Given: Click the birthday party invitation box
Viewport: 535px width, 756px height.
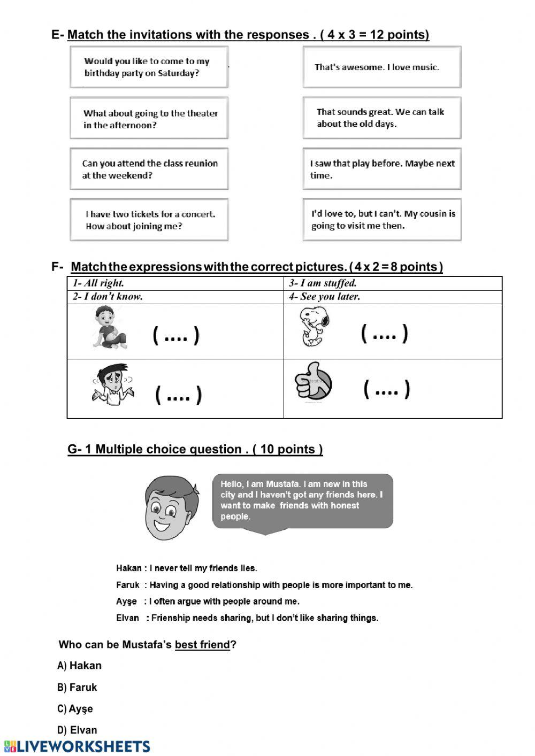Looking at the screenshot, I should pyautogui.click(x=149, y=67).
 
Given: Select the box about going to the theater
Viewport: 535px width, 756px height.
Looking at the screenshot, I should pyautogui.click(x=149, y=118).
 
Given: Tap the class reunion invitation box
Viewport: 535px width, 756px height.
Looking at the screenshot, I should pyautogui.click(x=149, y=169).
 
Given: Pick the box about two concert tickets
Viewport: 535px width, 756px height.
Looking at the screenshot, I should pyautogui.click(x=149, y=220).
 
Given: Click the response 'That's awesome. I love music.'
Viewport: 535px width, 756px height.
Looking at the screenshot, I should pyautogui.click(x=381, y=67).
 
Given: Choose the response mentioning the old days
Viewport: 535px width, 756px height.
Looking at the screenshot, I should pyautogui.click(x=381, y=118).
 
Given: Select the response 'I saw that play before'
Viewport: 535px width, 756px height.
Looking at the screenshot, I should pyautogui.click(x=381, y=169).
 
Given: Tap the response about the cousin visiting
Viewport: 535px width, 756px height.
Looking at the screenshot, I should pyautogui.click(x=381, y=220).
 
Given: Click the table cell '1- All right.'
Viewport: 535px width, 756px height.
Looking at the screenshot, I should pyautogui.click(x=175, y=283).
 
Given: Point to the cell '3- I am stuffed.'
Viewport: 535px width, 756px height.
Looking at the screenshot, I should pyautogui.click(x=392, y=283).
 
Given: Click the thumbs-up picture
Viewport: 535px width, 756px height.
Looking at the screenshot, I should pyautogui.click(x=314, y=384).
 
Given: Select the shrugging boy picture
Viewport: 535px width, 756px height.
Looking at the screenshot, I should pyautogui.click(x=113, y=384).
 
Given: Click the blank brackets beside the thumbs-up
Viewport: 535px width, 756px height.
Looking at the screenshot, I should pyautogui.click(x=386, y=389).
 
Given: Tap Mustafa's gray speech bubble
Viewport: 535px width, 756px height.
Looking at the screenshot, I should pyautogui.click(x=302, y=501).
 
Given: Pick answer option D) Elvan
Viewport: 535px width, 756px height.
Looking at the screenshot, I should pyautogui.click(x=78, y=730).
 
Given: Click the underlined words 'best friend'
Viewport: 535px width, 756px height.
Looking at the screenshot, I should pyautogui.click(x=202, y=645).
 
